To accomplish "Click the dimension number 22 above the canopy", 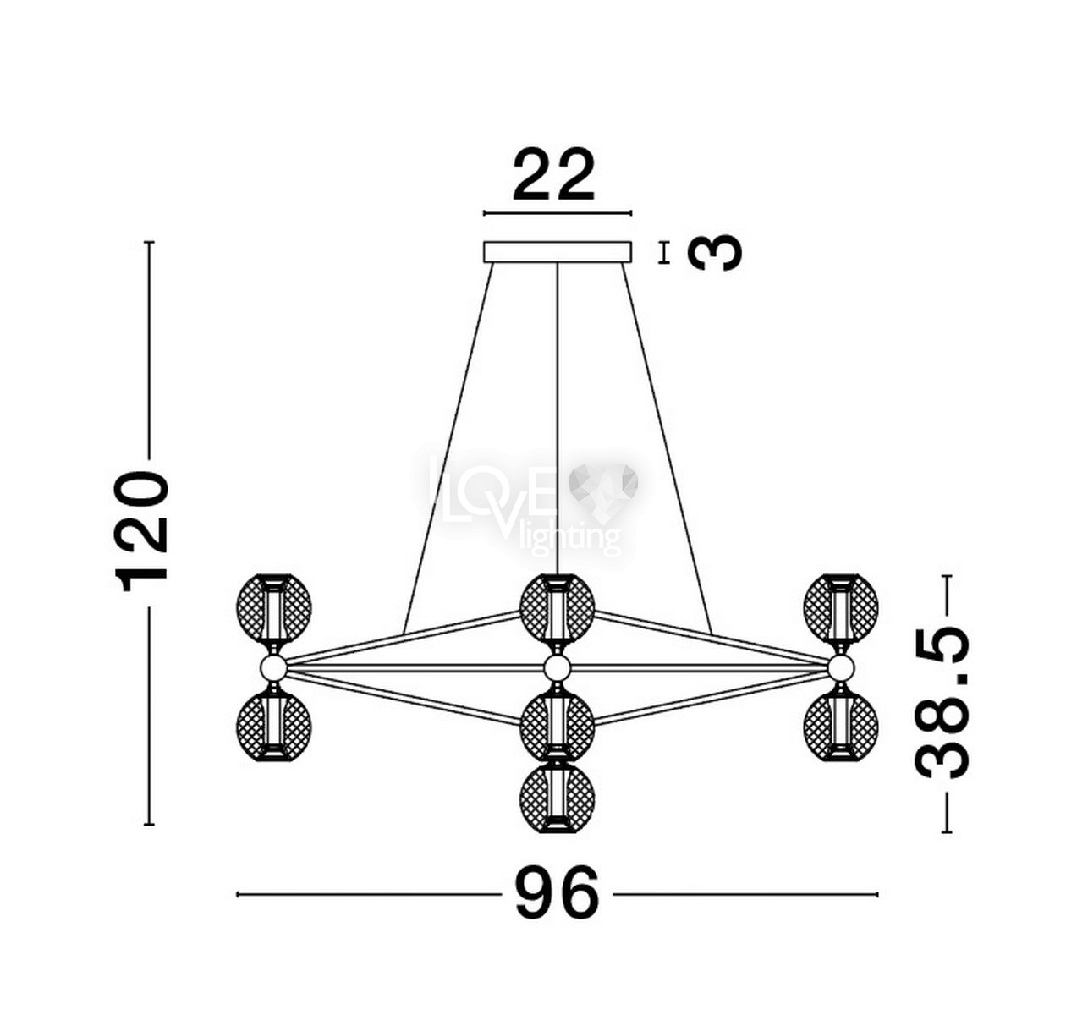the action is [x=553, y=174].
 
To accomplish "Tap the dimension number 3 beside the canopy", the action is [x=715, y=253].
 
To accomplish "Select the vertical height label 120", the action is [x=142, y=531].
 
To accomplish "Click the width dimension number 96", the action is [x=558, y=893].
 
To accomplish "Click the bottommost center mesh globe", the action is [x=557, y=798].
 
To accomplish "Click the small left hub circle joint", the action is [x=273, y=667].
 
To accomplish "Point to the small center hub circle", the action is [x=557, y=667].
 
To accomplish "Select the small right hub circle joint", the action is [x=841, y=667].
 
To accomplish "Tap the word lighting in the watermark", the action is [x=569, y=538].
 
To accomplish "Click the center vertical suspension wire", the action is [x=558, y=419].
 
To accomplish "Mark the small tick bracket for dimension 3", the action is [x=663, y=253].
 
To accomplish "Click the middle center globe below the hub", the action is [x=557, y=727].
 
